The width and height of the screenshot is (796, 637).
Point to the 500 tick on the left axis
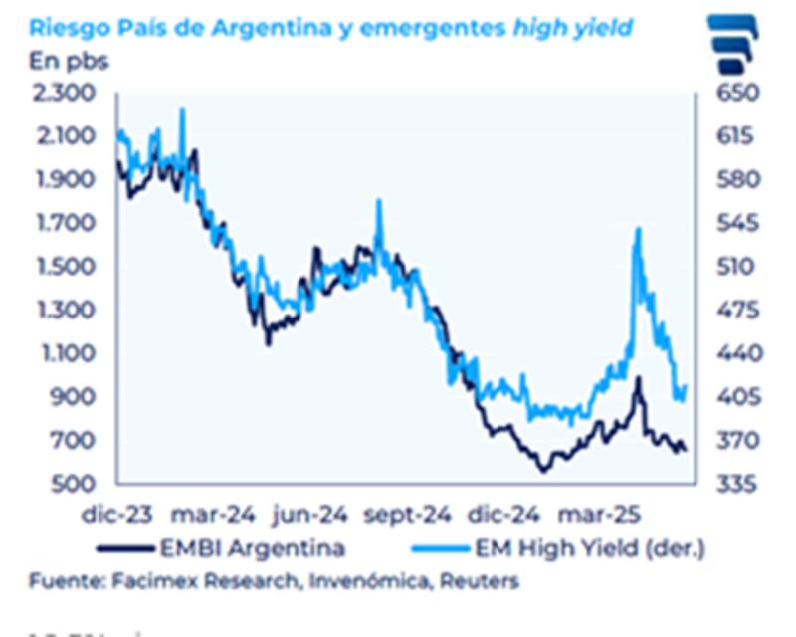click(73, 485)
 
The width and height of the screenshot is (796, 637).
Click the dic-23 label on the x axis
click(117, 516)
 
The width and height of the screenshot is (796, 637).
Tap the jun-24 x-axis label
click(310, 516)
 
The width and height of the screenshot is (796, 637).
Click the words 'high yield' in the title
click(572, 27)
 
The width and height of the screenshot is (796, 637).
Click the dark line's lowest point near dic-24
click(542, 470)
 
